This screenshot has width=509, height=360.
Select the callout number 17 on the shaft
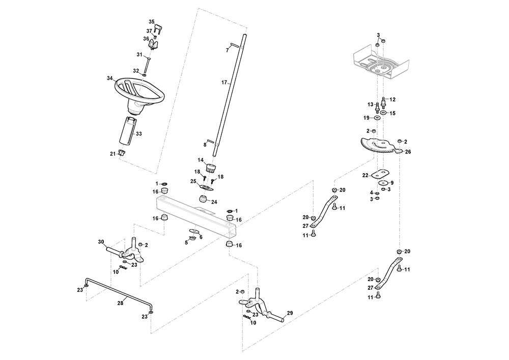[x=224, y=82]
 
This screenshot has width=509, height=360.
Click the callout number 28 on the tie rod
[x=120, y=303]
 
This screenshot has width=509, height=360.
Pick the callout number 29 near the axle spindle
[x=290, y=313]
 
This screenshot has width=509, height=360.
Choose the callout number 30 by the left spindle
[x=100, y=241]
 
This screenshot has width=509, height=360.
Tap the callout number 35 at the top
[x=151, y=21]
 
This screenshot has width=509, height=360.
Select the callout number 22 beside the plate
[x=365, y=175]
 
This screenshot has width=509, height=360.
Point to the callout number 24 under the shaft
[x=214, y=202]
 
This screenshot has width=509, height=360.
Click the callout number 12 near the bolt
[x=392, y=99]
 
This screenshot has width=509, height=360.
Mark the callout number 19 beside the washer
[x=366, y=118]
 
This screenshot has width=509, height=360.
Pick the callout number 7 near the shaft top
[x=228, y=50]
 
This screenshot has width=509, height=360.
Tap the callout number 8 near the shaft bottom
[x=205, y=145]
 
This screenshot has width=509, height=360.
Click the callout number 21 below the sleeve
[x=113, y=153]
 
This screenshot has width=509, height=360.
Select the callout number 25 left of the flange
[x=193, y=181]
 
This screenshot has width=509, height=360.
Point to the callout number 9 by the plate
[x=392, y=182]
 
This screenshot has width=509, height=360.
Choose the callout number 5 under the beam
[x=186, y=242]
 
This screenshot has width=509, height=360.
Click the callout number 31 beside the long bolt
[x=139, y=54]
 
